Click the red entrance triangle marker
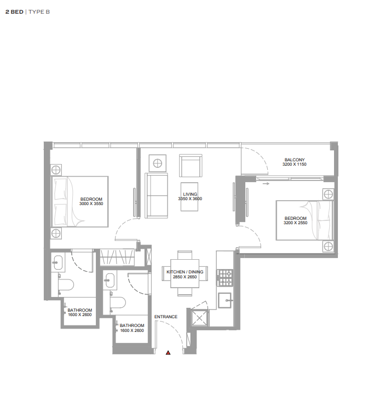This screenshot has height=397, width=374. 168,353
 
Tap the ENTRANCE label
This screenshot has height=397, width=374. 166,317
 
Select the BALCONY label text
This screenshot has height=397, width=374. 295,160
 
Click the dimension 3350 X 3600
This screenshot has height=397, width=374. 190,198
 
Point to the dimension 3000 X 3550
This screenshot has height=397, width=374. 91,203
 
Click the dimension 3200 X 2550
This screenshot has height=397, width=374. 295,223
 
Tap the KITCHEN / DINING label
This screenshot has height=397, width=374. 185,272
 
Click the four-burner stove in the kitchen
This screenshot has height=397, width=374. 225,278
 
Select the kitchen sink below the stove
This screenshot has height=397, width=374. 225,300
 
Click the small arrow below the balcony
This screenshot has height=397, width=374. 266,184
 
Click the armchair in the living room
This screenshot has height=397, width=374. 191,166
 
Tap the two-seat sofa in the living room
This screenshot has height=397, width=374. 156,195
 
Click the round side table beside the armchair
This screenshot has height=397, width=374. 158,164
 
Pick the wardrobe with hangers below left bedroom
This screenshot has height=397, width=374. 117,257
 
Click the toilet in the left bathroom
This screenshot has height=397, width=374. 66,284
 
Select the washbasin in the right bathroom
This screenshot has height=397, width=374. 110,280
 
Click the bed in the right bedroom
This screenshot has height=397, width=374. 304,220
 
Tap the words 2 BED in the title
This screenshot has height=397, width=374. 14,12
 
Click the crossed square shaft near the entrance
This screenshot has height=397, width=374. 199,318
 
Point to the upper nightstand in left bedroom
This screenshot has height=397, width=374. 56,170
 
